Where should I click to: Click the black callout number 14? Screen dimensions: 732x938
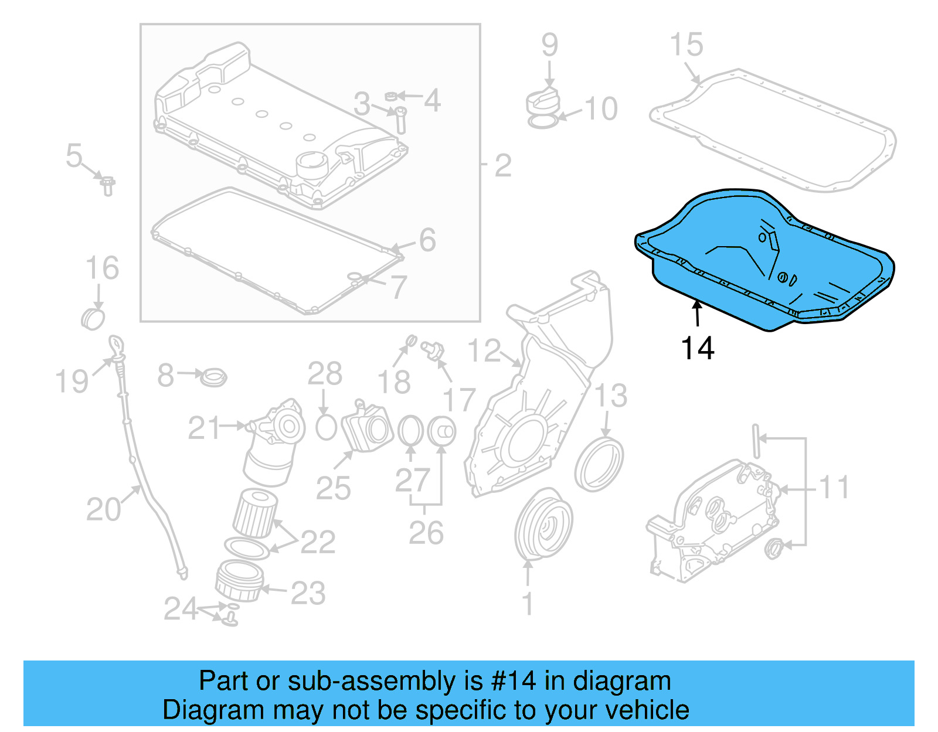pyautogui.click(x=698, y=349)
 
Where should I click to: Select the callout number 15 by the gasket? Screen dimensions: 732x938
pyautogui.click(x=686, y=45)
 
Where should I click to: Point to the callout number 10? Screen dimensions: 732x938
pyautogui.click(x=601, y=109)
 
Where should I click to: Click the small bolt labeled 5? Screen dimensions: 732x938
pyautogui.click(x=107, y=185)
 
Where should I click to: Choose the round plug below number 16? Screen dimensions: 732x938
pyautogui.click(x=93, y=318)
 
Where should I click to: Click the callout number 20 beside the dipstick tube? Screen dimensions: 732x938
pyautogui.click(x=103, y=509)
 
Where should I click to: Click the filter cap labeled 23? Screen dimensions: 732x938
pyautogui.click(x=239, y=581)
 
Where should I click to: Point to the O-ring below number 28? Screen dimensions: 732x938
pyautogui.click(x=326, y=427)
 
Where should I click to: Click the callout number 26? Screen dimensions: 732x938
pyautogui.click(x=426, y=533)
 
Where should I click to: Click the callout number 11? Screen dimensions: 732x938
pyautogui.click(x=834, y=488)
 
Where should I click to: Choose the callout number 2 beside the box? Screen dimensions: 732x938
pyautogui.click(x=503, y=166)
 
